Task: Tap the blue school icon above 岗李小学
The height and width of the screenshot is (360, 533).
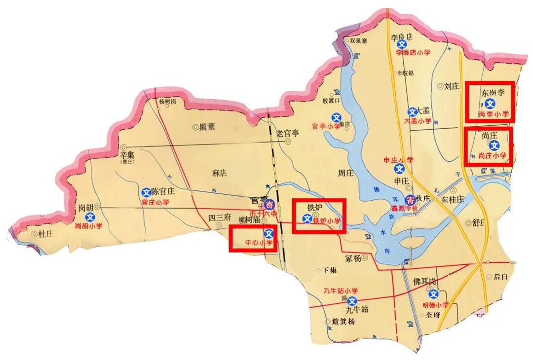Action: tap(490, 104)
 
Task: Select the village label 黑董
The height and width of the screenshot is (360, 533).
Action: tap(207, 127)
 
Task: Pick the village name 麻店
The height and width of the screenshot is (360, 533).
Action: tap(219, 173)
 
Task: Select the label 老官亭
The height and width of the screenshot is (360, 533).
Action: tap(288, 133)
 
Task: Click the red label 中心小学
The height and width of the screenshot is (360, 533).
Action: tap(259, 243)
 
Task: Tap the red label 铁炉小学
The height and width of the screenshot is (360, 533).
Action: tap(327, 221)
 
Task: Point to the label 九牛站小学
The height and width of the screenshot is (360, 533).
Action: tap(340, 290)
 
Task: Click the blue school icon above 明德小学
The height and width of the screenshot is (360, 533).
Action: tap(433, 294)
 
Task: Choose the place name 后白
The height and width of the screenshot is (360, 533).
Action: tap(500, 277)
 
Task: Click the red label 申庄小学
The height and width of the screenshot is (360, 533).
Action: tap(399, 160)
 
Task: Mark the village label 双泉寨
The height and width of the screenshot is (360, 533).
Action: tap(358, 41)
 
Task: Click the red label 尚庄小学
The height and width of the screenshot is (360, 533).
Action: tap(493, 155)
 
